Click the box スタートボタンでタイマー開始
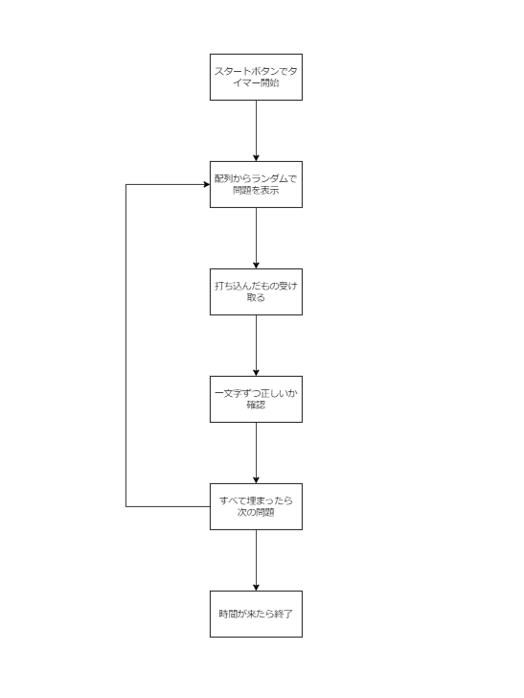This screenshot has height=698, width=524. (x=256, y=77)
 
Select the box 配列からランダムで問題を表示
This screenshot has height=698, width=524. (x=256, y=184)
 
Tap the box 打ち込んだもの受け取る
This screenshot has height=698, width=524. (x=256, y=291)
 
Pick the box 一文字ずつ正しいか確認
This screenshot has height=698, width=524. (x=256, y=399)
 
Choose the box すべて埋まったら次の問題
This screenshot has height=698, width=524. (x=256, y=506)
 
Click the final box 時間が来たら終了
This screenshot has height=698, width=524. (x=256, y=614)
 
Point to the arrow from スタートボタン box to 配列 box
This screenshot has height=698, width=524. (x=256, y=129)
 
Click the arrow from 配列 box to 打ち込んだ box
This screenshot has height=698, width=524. (x=256, y=237)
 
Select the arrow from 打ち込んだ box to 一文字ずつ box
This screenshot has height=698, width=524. (x=256, y=344)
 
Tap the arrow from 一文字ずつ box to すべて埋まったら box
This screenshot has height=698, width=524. (x=256, y=452)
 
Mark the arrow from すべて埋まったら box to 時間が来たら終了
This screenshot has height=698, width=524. (x=256, y=559)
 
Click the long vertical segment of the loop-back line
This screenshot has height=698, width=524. (x=126, y=345)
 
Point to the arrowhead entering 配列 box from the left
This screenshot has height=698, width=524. (x=205, y=184)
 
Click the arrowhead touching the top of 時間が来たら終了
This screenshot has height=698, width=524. (x=256, y=586)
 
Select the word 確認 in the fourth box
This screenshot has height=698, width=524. (x=256, y=406)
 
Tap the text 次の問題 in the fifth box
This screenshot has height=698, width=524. (x=256, y=513)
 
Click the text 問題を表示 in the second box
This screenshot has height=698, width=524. (x=256, y=191)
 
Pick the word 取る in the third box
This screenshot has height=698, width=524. (x=256, y=298)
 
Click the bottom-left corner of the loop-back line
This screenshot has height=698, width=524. (x=126, y=506)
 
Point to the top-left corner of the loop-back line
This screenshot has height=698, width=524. (x=126, y=184)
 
